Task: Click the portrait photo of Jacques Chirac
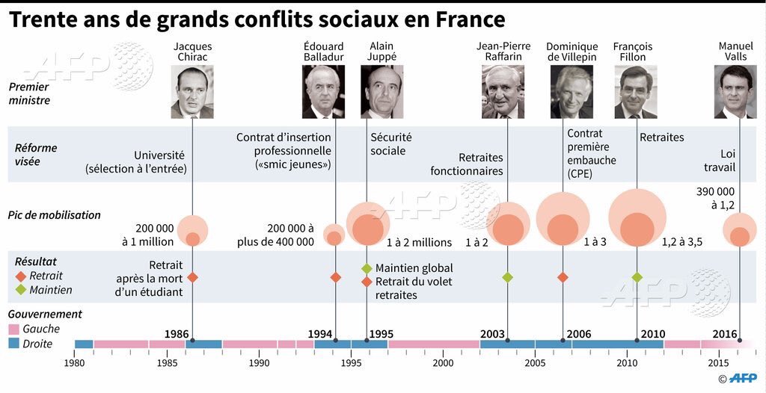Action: pos(192,92)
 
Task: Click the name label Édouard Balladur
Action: pos(323,52)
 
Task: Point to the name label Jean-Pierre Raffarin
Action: pos(503,52)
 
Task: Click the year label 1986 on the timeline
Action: pos(177,333)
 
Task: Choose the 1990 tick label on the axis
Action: pos(259,363)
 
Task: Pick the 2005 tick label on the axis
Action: pos(535,363)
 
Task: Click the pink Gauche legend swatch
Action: pos(14,329)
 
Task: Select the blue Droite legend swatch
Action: pos(14,344)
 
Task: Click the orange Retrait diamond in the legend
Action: pos(20,276)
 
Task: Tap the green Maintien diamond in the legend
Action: pos(20,290)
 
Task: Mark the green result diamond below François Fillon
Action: pos(637,277)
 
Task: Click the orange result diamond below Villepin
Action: pos(563,277)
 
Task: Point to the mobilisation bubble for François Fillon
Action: pos(637,219)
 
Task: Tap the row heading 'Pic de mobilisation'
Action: pos(54,215)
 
